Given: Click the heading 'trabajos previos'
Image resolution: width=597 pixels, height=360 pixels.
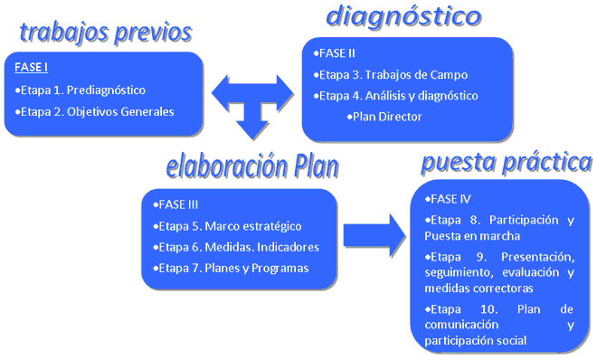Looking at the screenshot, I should pos(106,33).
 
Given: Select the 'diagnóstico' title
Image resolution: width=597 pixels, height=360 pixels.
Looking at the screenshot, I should pos(403,17).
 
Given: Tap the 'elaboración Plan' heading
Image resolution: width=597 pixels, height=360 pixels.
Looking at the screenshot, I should pos(252,167).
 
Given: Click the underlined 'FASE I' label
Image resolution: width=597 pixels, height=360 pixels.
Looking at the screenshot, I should pos(33,68).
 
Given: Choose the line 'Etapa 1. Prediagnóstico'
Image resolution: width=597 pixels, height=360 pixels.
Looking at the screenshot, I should pos(81,90).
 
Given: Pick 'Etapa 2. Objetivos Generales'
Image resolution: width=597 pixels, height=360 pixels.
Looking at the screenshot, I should pos(95,111).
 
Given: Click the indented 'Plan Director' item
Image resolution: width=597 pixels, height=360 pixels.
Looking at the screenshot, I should pos(384,116).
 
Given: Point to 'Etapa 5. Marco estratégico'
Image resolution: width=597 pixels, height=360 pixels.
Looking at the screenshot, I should pos(228,225).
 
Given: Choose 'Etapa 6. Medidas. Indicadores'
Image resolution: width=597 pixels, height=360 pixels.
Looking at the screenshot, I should pos(236,246).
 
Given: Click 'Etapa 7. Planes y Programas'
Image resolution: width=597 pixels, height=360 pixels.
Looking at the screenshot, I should pos(232,268).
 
